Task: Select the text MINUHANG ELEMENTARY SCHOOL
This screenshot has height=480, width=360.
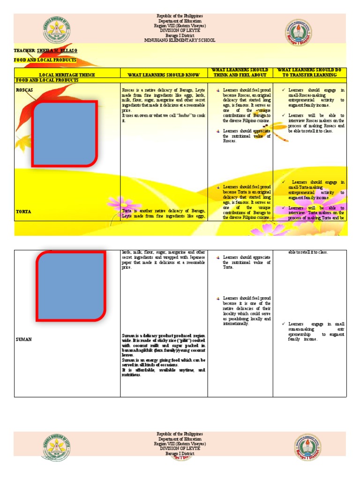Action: pos(180,40)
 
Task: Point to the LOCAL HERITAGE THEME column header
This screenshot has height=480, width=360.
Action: pos(67,75)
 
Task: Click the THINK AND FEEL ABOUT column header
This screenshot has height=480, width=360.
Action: pos(240,75)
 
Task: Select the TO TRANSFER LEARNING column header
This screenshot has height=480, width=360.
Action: pos(309,75)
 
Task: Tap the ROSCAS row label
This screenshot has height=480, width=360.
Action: pos(24,89)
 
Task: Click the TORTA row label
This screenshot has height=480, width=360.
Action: pos(23,212)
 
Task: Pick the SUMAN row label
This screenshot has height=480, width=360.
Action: pos(24,339)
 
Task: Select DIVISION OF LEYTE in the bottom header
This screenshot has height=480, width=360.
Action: pos(180,449)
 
